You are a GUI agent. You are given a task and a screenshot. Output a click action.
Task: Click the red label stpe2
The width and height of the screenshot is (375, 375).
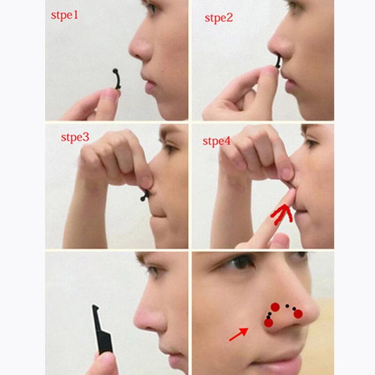tap(218, 18)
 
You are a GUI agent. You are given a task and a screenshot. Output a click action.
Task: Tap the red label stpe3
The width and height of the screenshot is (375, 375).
tap(75, 137)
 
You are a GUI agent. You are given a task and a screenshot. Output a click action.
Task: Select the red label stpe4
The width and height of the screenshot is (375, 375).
tap(216, 141)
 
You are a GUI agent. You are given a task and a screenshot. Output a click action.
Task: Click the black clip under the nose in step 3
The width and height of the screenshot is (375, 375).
tap(145, 194)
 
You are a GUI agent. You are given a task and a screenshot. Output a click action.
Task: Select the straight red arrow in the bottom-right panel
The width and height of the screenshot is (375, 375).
tap(239, 334)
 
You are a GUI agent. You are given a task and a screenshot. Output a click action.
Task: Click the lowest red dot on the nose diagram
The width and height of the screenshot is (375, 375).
tap(268, 322)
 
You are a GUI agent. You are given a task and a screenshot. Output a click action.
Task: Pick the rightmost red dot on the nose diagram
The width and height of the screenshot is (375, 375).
tap(299, 314)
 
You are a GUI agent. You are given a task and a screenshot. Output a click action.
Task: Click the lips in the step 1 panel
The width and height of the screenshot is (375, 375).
tap(150, 85)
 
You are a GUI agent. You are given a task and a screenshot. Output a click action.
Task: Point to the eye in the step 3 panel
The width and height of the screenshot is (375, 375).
tap(172, 149)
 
